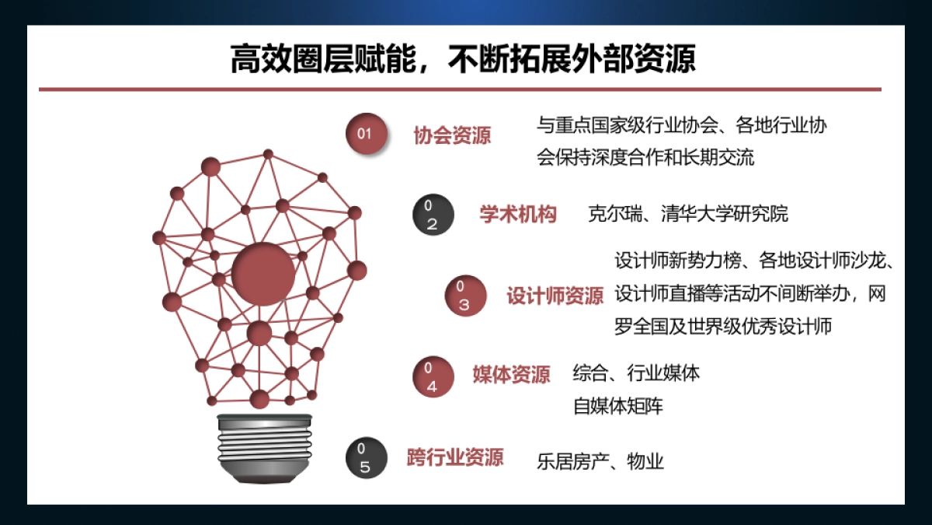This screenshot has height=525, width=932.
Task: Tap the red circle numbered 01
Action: pyautogui.click(x=365, y=133)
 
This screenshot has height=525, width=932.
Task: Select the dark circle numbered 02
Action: pyautogui.click(x=433, y=215)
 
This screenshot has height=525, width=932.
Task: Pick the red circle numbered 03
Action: pyautogui.click(x=464, y=296)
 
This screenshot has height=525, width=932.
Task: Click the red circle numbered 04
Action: pyautogui.click(x=433, y=376)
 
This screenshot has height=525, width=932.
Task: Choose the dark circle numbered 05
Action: pyautogui.click(x=366, y=458)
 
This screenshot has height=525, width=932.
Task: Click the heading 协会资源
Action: pyautogui.click(x=452, y=136)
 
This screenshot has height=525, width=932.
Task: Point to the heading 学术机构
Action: pyautogui.click(x=518, y=215)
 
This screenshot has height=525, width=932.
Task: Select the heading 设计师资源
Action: pyautogui.click(x=555, y=296)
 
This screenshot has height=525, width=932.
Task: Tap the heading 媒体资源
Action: pyautogui.click(x=511, y=375)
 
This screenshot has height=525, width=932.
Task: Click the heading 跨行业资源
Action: pyautogui.click(x=455, y=457)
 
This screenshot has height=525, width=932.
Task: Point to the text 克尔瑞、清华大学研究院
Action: pyautogui.click(x=688, y=214)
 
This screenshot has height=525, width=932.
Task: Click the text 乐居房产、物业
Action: pyautogui.click(x=600, y=461)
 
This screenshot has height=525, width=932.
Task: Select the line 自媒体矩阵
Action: pyautogui.click(x=618, y=406)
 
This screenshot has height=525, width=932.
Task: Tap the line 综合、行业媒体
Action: pyautogui.click(x=636, y=373)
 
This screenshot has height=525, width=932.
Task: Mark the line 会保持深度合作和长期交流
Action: pyautogui.click(x=645, y=157)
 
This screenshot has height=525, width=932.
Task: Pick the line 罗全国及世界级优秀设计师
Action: pyautogui.click(x=723, y=326)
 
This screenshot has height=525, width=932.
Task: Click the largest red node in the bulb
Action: pyautogui.click(x=263, y=274)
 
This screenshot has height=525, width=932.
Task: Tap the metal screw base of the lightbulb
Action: pyautogui.click(x=264, y=446)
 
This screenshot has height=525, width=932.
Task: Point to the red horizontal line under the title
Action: pyautogui.click(x=460, y=89)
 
